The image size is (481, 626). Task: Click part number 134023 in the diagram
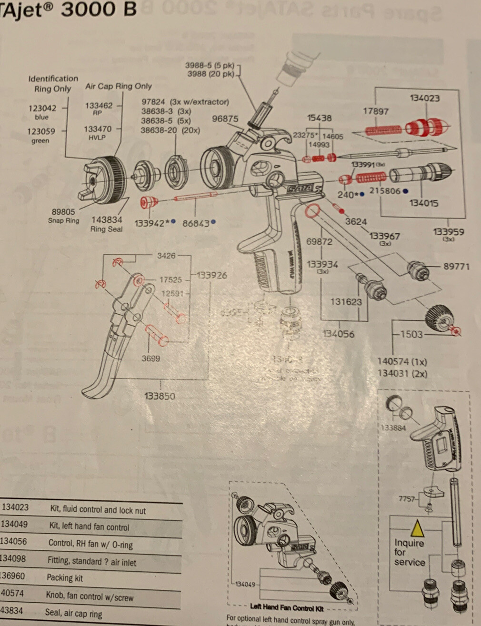click(424, 98)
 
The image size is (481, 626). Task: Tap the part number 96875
click(225, 119)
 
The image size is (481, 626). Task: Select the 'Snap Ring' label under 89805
click(63, 220)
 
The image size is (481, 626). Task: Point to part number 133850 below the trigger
click(160, 396)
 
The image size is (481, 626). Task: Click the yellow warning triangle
click(417, 529)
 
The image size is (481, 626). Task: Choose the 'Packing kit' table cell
click(65, 578)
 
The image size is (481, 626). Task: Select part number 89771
click(456, 267)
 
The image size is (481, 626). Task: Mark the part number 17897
click(376, 111)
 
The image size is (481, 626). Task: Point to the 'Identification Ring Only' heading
click(52, 84)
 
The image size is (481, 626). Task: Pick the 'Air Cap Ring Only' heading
click(119, 86)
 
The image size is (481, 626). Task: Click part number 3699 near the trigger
click(150, 358)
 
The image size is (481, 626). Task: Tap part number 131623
click(346, 302)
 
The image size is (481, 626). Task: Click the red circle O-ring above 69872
click(312, 211)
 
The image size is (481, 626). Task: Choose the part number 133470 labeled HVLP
click(98, 129)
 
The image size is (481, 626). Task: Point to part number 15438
click(319, 118)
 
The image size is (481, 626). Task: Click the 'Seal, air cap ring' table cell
click(73, 613)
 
